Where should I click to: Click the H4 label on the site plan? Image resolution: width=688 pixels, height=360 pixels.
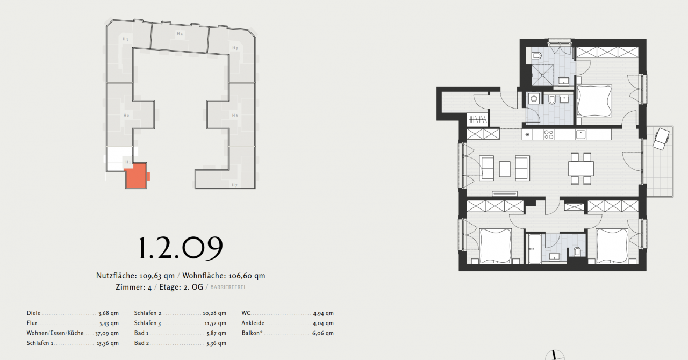pos(180,34)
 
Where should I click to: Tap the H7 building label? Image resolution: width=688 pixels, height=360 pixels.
pos(234,185)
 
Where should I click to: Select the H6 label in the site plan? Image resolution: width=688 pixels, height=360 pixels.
pos(235,116)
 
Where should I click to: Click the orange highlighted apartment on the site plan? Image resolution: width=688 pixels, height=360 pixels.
pos(135,176)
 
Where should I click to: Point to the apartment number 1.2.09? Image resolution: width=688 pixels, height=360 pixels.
pos(180,248)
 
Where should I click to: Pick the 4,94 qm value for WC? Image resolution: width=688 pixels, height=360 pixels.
pos(323,313)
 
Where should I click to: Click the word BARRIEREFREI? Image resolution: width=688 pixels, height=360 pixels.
pos(228,287)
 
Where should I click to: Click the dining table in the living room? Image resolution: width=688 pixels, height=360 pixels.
pos(581,169)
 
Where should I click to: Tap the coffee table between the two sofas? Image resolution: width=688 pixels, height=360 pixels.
pos(505,169)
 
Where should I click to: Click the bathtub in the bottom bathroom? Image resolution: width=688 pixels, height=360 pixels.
pos(534,249)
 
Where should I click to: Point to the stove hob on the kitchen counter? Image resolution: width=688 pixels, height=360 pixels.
pos(549,134)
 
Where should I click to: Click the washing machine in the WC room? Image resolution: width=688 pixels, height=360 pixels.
pos(534,99)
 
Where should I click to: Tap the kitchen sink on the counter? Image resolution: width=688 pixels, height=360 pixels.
pos(580,134)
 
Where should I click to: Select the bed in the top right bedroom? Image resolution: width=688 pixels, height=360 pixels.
pos(594,100)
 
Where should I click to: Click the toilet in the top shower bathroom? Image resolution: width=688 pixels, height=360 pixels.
pos(537,56)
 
